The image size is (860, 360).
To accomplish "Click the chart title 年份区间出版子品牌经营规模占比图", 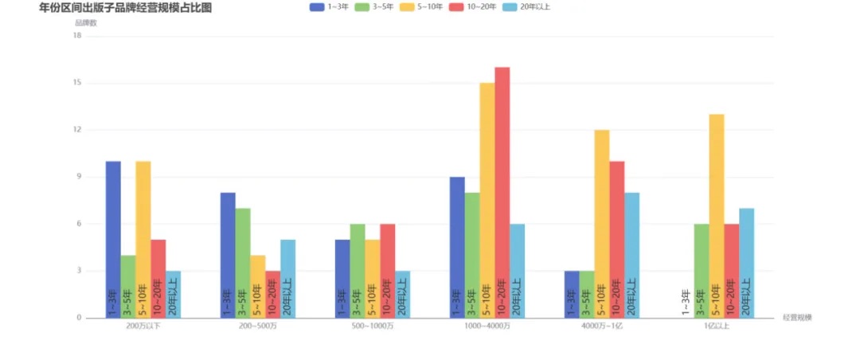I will [x=125, y=8].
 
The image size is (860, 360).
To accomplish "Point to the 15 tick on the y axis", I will [x=77, y=83].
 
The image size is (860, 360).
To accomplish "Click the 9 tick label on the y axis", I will [x=79, y=177].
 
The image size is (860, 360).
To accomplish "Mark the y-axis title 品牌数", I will [x=86, y=23].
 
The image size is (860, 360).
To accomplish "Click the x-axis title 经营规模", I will [x=797, y=317].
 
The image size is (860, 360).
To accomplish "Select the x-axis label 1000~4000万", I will [x=487, y=327].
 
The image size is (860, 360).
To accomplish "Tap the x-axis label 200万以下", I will [x=143, y=327].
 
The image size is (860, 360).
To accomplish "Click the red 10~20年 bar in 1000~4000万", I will [x=502, y=192].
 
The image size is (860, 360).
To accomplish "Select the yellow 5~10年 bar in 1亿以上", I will [x=717, y=216].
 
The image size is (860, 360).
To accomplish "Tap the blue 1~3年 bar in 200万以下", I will [x=113, y=239].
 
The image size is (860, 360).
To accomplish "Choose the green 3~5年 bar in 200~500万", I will [x=243, y=263].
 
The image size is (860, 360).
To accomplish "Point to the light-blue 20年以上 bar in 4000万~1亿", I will [x=632, y=255].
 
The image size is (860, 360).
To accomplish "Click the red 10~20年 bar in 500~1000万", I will [x=388, y=271].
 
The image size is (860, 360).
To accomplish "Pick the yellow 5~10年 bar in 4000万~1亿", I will [x=602, y=224].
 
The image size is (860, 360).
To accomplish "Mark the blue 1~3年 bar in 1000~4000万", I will [x=457, y=247].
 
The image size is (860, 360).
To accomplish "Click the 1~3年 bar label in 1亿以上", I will [x=686, y=303].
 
